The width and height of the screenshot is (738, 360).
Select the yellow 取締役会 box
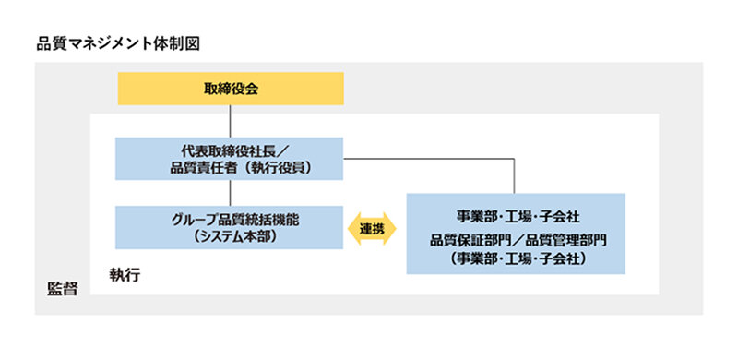230,89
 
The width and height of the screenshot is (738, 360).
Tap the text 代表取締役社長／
230,150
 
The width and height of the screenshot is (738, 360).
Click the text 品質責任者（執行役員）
230,167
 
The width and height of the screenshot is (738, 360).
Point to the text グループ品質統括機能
230,219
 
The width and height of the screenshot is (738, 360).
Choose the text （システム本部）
230,236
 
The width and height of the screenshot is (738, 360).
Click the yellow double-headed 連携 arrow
373,228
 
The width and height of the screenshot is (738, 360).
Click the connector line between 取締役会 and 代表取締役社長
229,121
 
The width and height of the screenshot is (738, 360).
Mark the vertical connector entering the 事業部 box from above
516,177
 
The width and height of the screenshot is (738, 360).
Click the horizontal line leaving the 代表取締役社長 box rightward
424,161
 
